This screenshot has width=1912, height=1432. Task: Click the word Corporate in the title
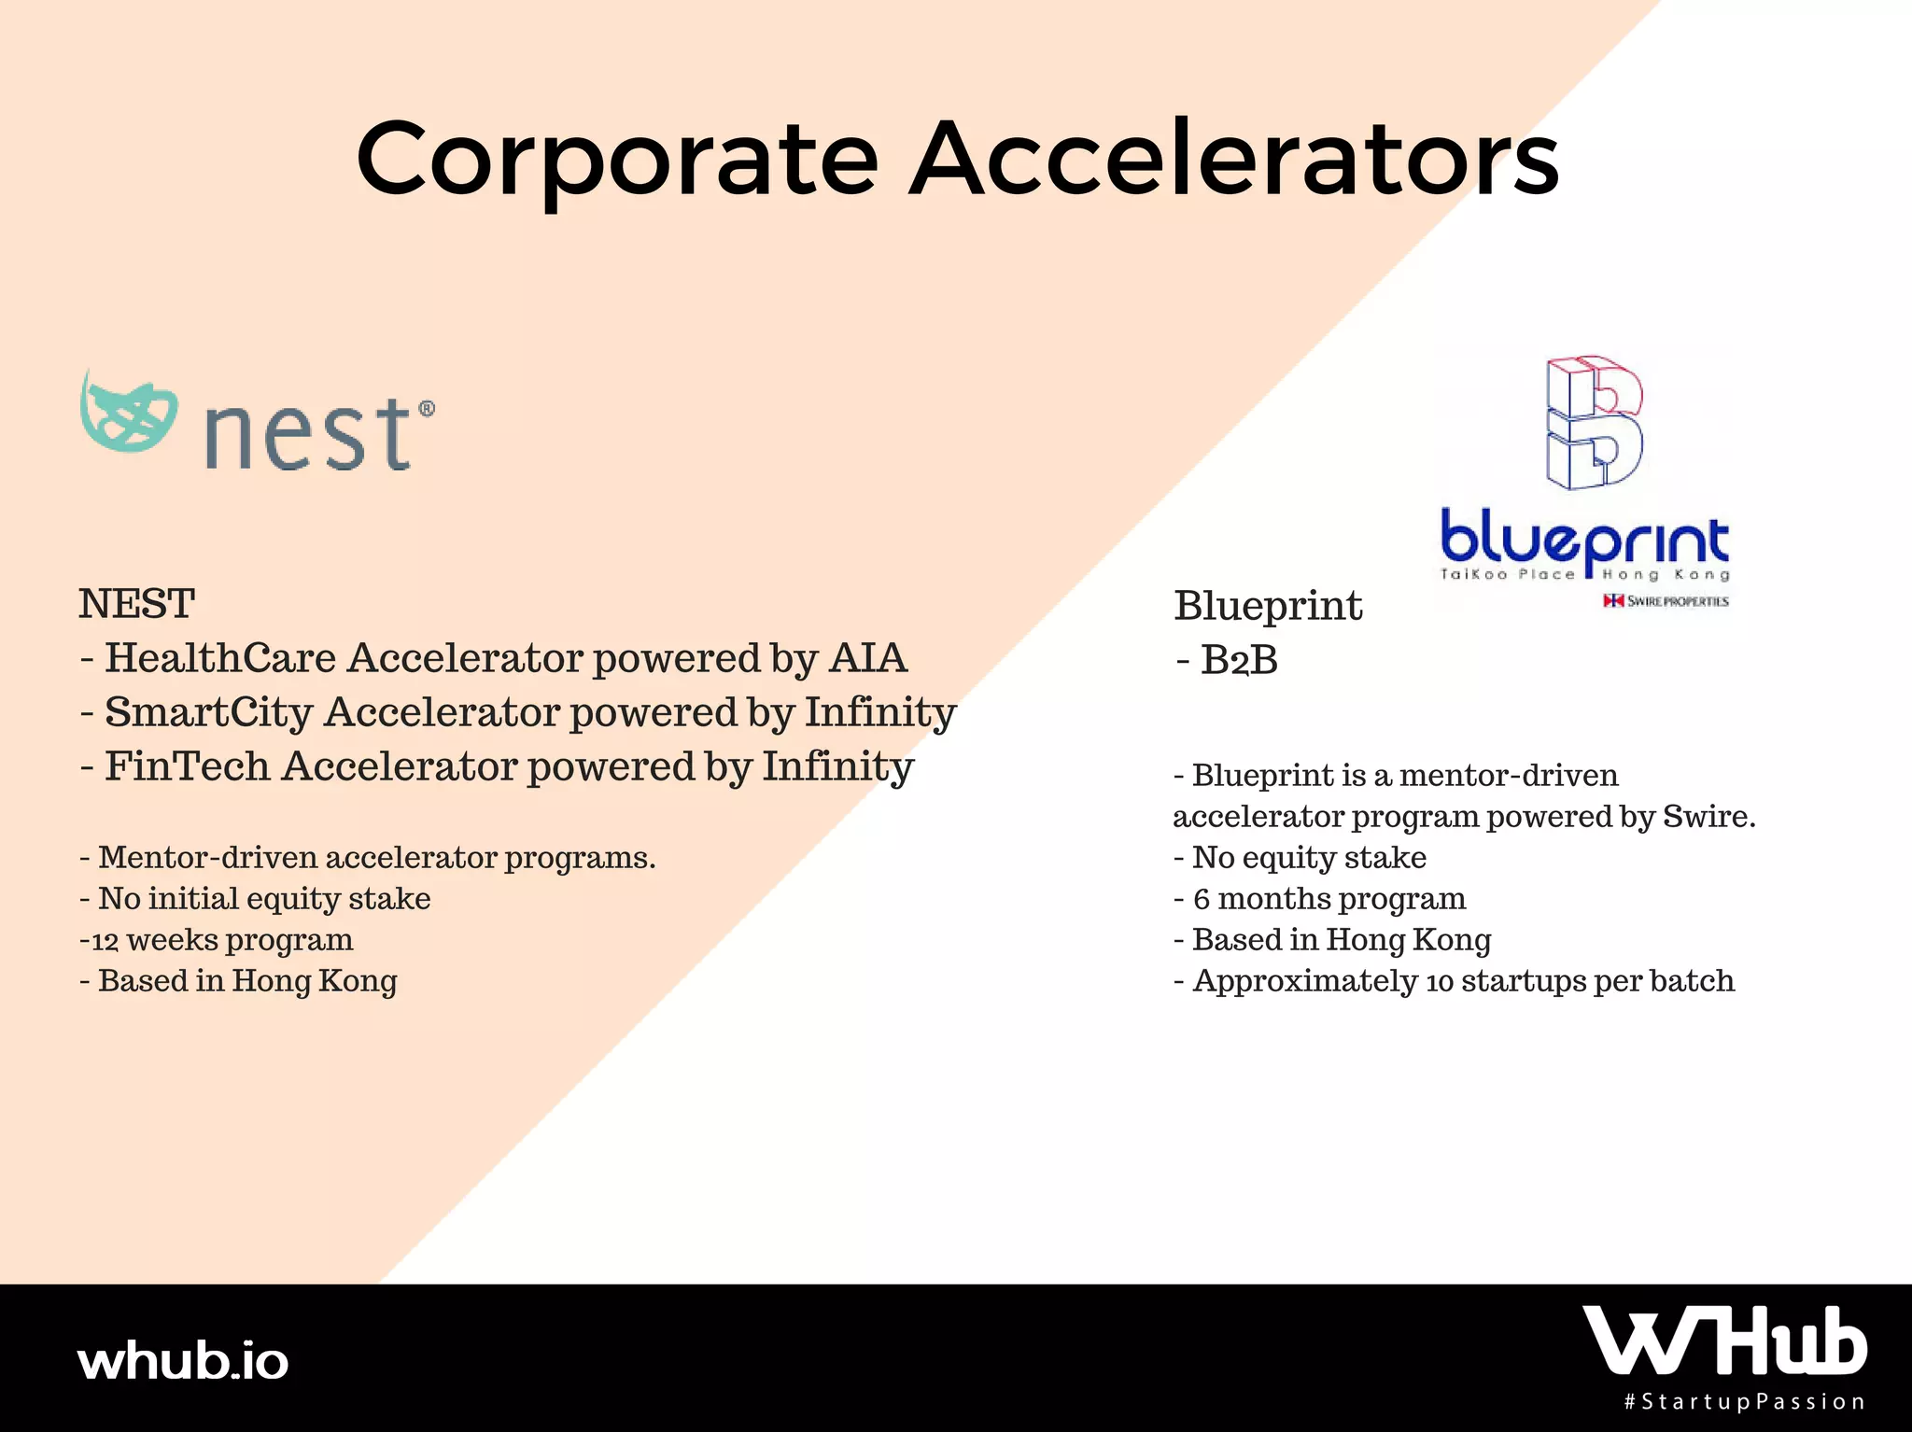(617, 160)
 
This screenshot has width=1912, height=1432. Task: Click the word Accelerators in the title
(1234, 157)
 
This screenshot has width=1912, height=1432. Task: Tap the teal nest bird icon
(128, 412)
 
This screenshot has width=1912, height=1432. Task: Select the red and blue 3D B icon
(1595, 422)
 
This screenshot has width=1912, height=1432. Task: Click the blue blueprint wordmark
(1584, 539)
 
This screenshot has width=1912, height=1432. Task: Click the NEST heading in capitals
(137, 604)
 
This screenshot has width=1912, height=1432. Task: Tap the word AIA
(868, 658)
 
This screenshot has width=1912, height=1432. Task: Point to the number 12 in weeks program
(105, 941)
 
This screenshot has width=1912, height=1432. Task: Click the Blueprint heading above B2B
(1268, 607)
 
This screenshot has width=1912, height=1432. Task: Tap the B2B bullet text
(1227, 660)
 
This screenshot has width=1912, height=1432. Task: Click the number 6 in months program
(1202, 899)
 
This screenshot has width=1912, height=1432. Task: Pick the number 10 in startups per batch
(1440, 982)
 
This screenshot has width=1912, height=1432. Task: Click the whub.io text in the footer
(183, 1360)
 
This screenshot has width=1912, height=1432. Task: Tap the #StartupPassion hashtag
(1744, 1402)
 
